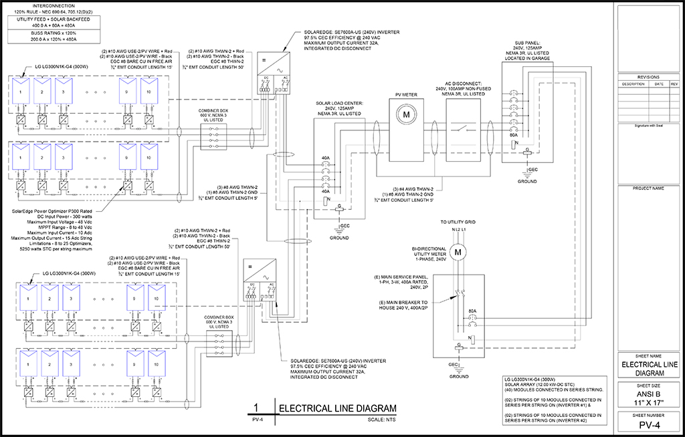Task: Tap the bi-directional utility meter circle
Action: pyautogui.click(x=458, y=253)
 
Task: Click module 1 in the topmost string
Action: pyautogui.click(x=21, y=91)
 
